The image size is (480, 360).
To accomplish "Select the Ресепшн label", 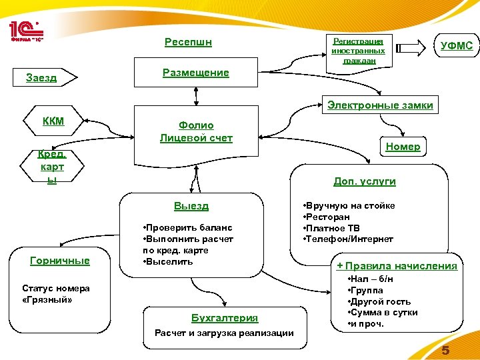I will coord(188,43).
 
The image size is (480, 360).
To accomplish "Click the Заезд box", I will coord(41,78).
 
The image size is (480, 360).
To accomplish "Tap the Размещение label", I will coord(195,73).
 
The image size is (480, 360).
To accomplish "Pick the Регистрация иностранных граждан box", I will coord(359,50).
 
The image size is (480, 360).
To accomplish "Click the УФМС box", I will coord(457,46).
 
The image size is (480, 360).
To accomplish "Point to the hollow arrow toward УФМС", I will coord(409,48).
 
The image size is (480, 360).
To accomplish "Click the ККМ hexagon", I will coord(53,121).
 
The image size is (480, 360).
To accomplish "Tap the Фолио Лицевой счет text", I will coord(196,132).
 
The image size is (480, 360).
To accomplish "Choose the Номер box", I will coord(403,146).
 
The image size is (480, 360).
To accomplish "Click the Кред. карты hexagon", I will coord(51,167).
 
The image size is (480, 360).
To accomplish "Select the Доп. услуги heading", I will coord(365,181).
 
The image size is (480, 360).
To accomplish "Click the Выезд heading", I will coord(191,206).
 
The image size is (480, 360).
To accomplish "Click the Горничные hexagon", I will coord(60,261).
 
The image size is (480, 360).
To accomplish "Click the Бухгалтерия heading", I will coord(225,318).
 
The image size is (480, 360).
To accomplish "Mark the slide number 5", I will coord(445,351).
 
